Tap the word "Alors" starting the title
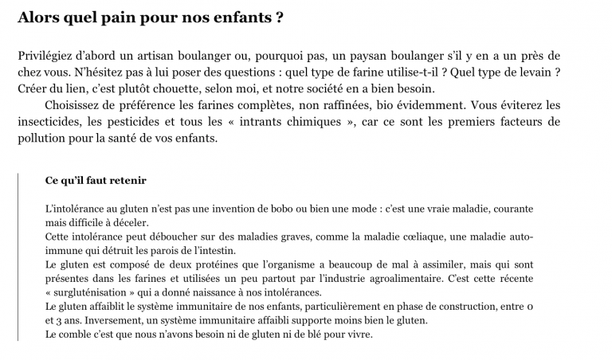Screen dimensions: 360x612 tap(37, 18)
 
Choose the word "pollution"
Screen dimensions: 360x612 tap(42, 137)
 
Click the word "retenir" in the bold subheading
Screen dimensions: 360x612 tap(128, 181)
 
